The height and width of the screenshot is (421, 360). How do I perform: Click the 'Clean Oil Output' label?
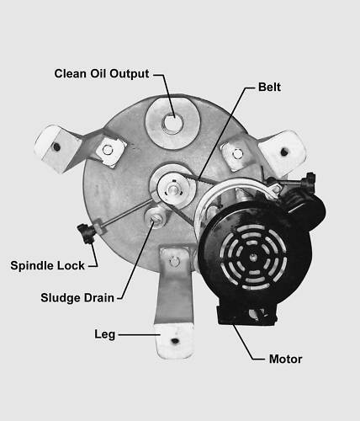[102, 74]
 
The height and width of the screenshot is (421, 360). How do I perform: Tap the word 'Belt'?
[269, 87]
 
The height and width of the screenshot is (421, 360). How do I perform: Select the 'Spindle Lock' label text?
[47, 265]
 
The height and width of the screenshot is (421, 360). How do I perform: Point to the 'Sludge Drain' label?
[77, 298]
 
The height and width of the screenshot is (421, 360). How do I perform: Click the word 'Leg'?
[105, 334]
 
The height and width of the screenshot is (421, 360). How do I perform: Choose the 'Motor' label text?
[285, 360]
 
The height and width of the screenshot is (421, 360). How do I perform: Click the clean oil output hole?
[172, 123]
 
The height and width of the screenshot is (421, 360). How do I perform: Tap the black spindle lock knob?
[87, 232]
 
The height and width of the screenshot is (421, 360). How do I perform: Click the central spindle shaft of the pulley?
[174, 189]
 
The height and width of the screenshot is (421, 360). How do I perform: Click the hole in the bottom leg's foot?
[175, 341]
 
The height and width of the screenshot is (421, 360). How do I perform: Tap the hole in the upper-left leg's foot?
[56, 147]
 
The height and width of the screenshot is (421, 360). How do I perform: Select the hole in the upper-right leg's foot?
[284, 152]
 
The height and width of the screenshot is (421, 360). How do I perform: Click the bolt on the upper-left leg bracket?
[108, 150]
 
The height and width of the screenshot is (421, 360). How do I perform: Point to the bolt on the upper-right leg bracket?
[238, 153]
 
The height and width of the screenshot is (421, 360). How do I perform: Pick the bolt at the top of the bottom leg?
[175, 262]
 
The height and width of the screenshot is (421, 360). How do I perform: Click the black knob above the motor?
[309, 180]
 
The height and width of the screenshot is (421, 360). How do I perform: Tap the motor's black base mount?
[246, 316]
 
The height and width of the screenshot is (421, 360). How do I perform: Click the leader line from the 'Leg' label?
[140, 334]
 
